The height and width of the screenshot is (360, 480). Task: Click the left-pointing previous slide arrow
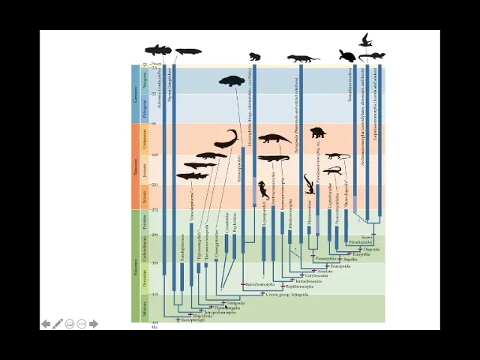(x=46, y=324)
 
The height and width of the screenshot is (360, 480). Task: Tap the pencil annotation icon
(x=58, y=324)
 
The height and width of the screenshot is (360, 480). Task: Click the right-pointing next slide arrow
(x=94, y=324)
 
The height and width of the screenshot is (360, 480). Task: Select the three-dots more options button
(x=82, y=324)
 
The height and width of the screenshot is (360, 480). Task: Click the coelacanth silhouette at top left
(x=157, y=50)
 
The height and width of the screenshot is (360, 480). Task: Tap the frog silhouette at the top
(x=255, y=56)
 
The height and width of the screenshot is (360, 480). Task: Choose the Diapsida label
(x=372, y=249)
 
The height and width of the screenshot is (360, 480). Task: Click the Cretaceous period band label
(x=145, y=139)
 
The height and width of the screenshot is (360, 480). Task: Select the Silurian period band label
(x=145, y=307)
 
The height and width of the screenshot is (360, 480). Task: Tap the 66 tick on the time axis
(x=154, y=124)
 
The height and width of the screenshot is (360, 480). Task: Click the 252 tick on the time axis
(x=154, y=210)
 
